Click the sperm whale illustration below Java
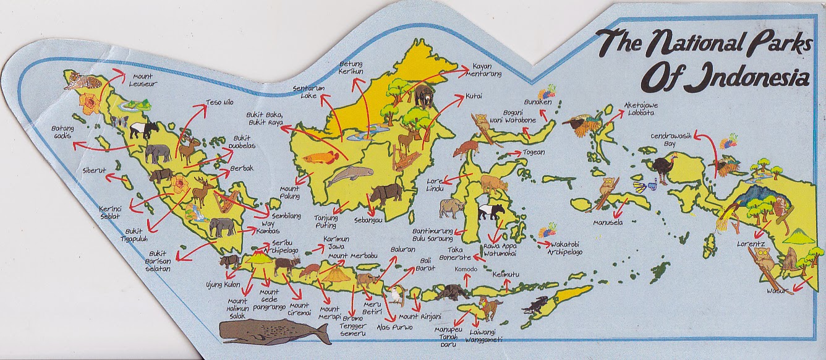point(275,332)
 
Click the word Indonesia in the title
point(726,79)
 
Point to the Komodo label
point(466,270)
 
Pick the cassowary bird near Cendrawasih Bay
point(663,169)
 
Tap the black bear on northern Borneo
point(425,95)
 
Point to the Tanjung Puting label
point(331,221)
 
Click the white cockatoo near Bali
point(394,295)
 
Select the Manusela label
point(607,221)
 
